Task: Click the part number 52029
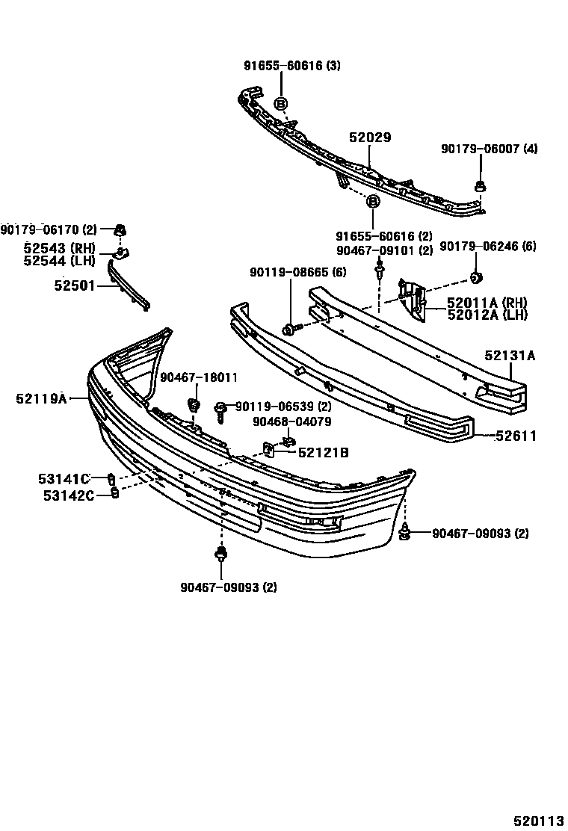click(370, 138)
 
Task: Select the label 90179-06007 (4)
click(489, 149)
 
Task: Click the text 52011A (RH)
click(487, 303)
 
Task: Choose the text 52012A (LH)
click(487, 315)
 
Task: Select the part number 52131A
click(510, 356)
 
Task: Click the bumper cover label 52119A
click(40, 399)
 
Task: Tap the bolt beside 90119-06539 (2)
click(220, 407)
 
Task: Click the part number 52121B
click(323, 452)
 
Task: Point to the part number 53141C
click(64, 478)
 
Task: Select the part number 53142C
click(66, 494)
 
